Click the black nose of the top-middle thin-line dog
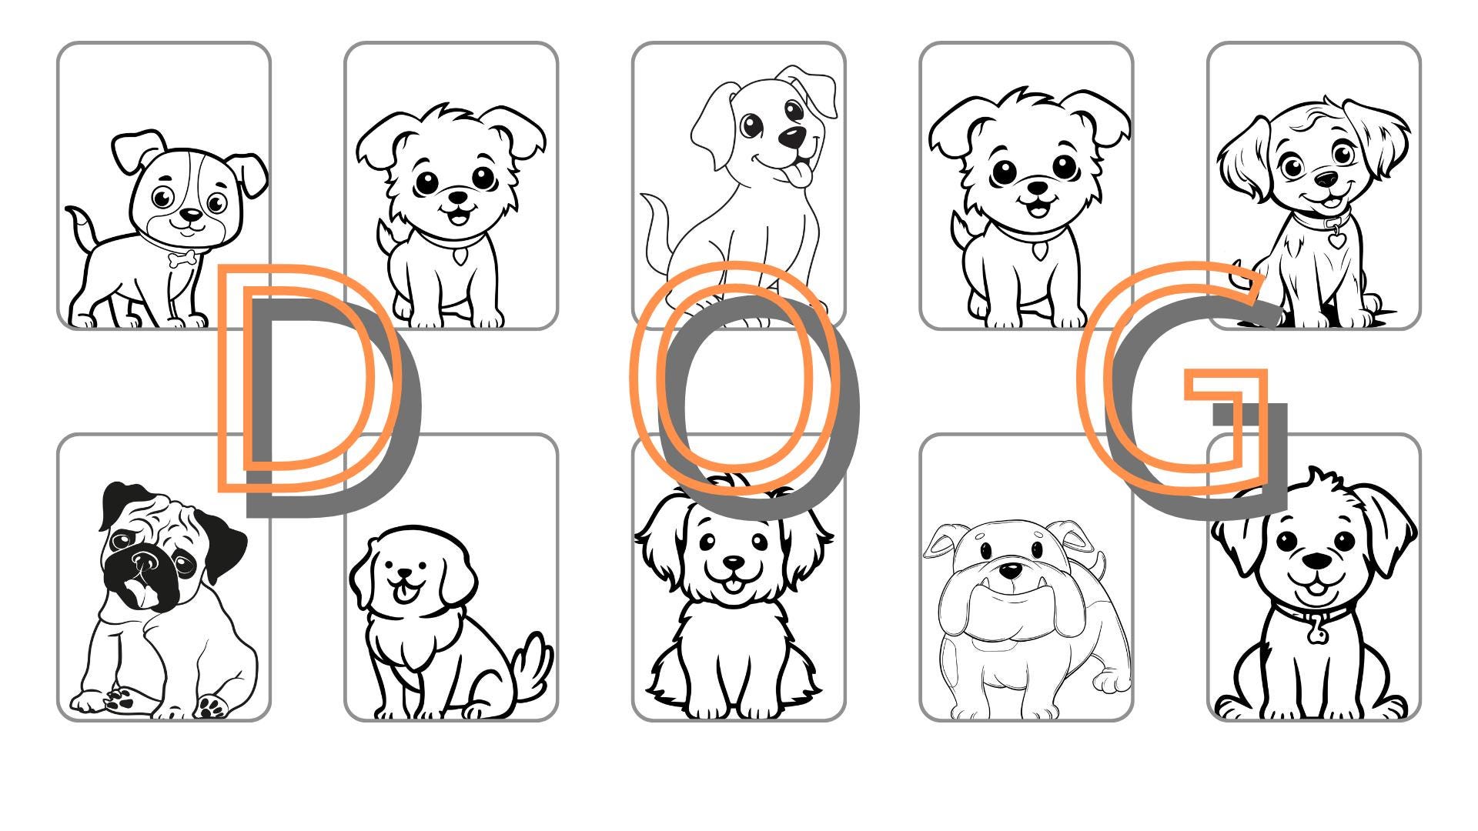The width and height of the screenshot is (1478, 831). (791, 137)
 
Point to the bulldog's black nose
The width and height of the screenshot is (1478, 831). (1011, 571)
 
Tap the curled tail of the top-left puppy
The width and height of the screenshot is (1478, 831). (80, 223)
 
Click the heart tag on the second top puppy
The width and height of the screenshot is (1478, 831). (460, 255)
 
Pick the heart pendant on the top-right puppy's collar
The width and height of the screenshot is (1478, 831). (1336, 239)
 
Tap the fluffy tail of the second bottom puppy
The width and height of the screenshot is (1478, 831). (533, 663)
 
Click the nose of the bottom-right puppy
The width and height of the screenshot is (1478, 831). (1316, 561)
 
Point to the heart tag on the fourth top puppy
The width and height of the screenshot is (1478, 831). (1040, 252)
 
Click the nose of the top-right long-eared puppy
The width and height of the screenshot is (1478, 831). (1326, 179)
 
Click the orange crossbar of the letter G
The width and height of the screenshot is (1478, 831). (1224, 385)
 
